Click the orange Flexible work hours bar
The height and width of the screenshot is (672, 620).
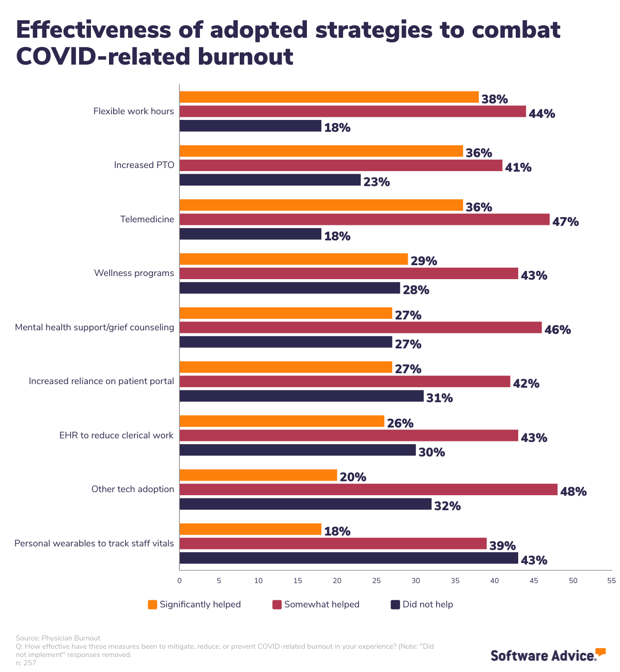[329, 97]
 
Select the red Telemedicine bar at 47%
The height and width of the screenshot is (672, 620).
[364, 220]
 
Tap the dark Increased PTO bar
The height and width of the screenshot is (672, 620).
[270, 180]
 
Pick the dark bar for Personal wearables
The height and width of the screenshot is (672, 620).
[349, 558]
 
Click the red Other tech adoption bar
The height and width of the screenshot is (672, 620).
[368, 490]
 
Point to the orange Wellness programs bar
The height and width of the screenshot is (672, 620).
[293, 259]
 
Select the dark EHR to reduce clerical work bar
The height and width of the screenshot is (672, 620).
[298, 450]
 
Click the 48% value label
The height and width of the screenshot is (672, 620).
[574, 492]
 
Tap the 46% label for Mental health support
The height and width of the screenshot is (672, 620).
[557, 330]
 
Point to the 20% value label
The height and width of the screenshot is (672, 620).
[353, 477]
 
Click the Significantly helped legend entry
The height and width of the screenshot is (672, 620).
[194, 604]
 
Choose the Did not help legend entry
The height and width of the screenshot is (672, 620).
[422, 604]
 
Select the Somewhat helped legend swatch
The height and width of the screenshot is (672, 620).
[277, 604]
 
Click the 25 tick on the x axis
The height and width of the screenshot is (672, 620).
[377, 581]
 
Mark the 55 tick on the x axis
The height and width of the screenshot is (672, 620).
[612, 581]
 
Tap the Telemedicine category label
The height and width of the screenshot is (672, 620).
[147, 219]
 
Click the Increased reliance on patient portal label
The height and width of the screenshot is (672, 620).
[101, 381]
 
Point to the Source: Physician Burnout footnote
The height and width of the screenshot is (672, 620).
[58, 638]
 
